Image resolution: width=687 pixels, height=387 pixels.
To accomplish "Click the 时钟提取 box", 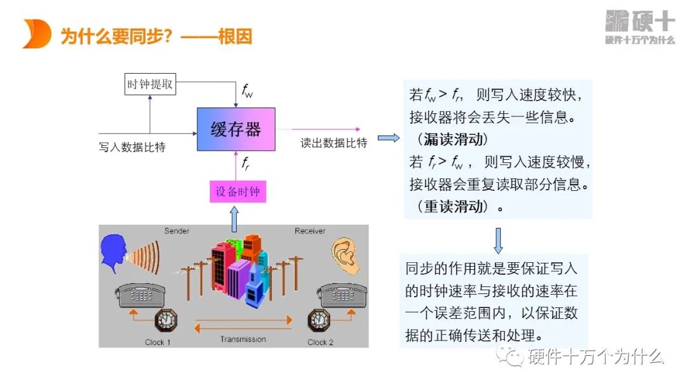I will coord(150,84).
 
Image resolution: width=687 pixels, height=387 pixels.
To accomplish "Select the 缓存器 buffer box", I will coord(236,129).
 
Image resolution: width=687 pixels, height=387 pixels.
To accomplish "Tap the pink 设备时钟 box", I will coord(237,191).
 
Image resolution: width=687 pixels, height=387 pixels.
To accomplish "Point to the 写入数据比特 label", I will coord(132,147).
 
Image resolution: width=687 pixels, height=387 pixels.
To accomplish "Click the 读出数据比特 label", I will coord(334,143).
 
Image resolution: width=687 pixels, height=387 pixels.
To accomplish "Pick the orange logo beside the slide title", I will coord(36,34).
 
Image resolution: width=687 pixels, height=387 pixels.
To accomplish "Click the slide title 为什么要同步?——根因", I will coord(156,36).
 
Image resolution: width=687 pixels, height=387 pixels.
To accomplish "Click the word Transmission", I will coord(243,339).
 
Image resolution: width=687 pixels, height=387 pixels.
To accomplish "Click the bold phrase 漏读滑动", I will coord(453,139).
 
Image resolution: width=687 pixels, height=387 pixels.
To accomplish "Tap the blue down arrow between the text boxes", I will coord(498,240).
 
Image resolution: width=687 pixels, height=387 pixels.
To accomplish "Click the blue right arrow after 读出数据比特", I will coord(388,137).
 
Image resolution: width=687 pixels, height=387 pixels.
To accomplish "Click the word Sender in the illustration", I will coord(177,230).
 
